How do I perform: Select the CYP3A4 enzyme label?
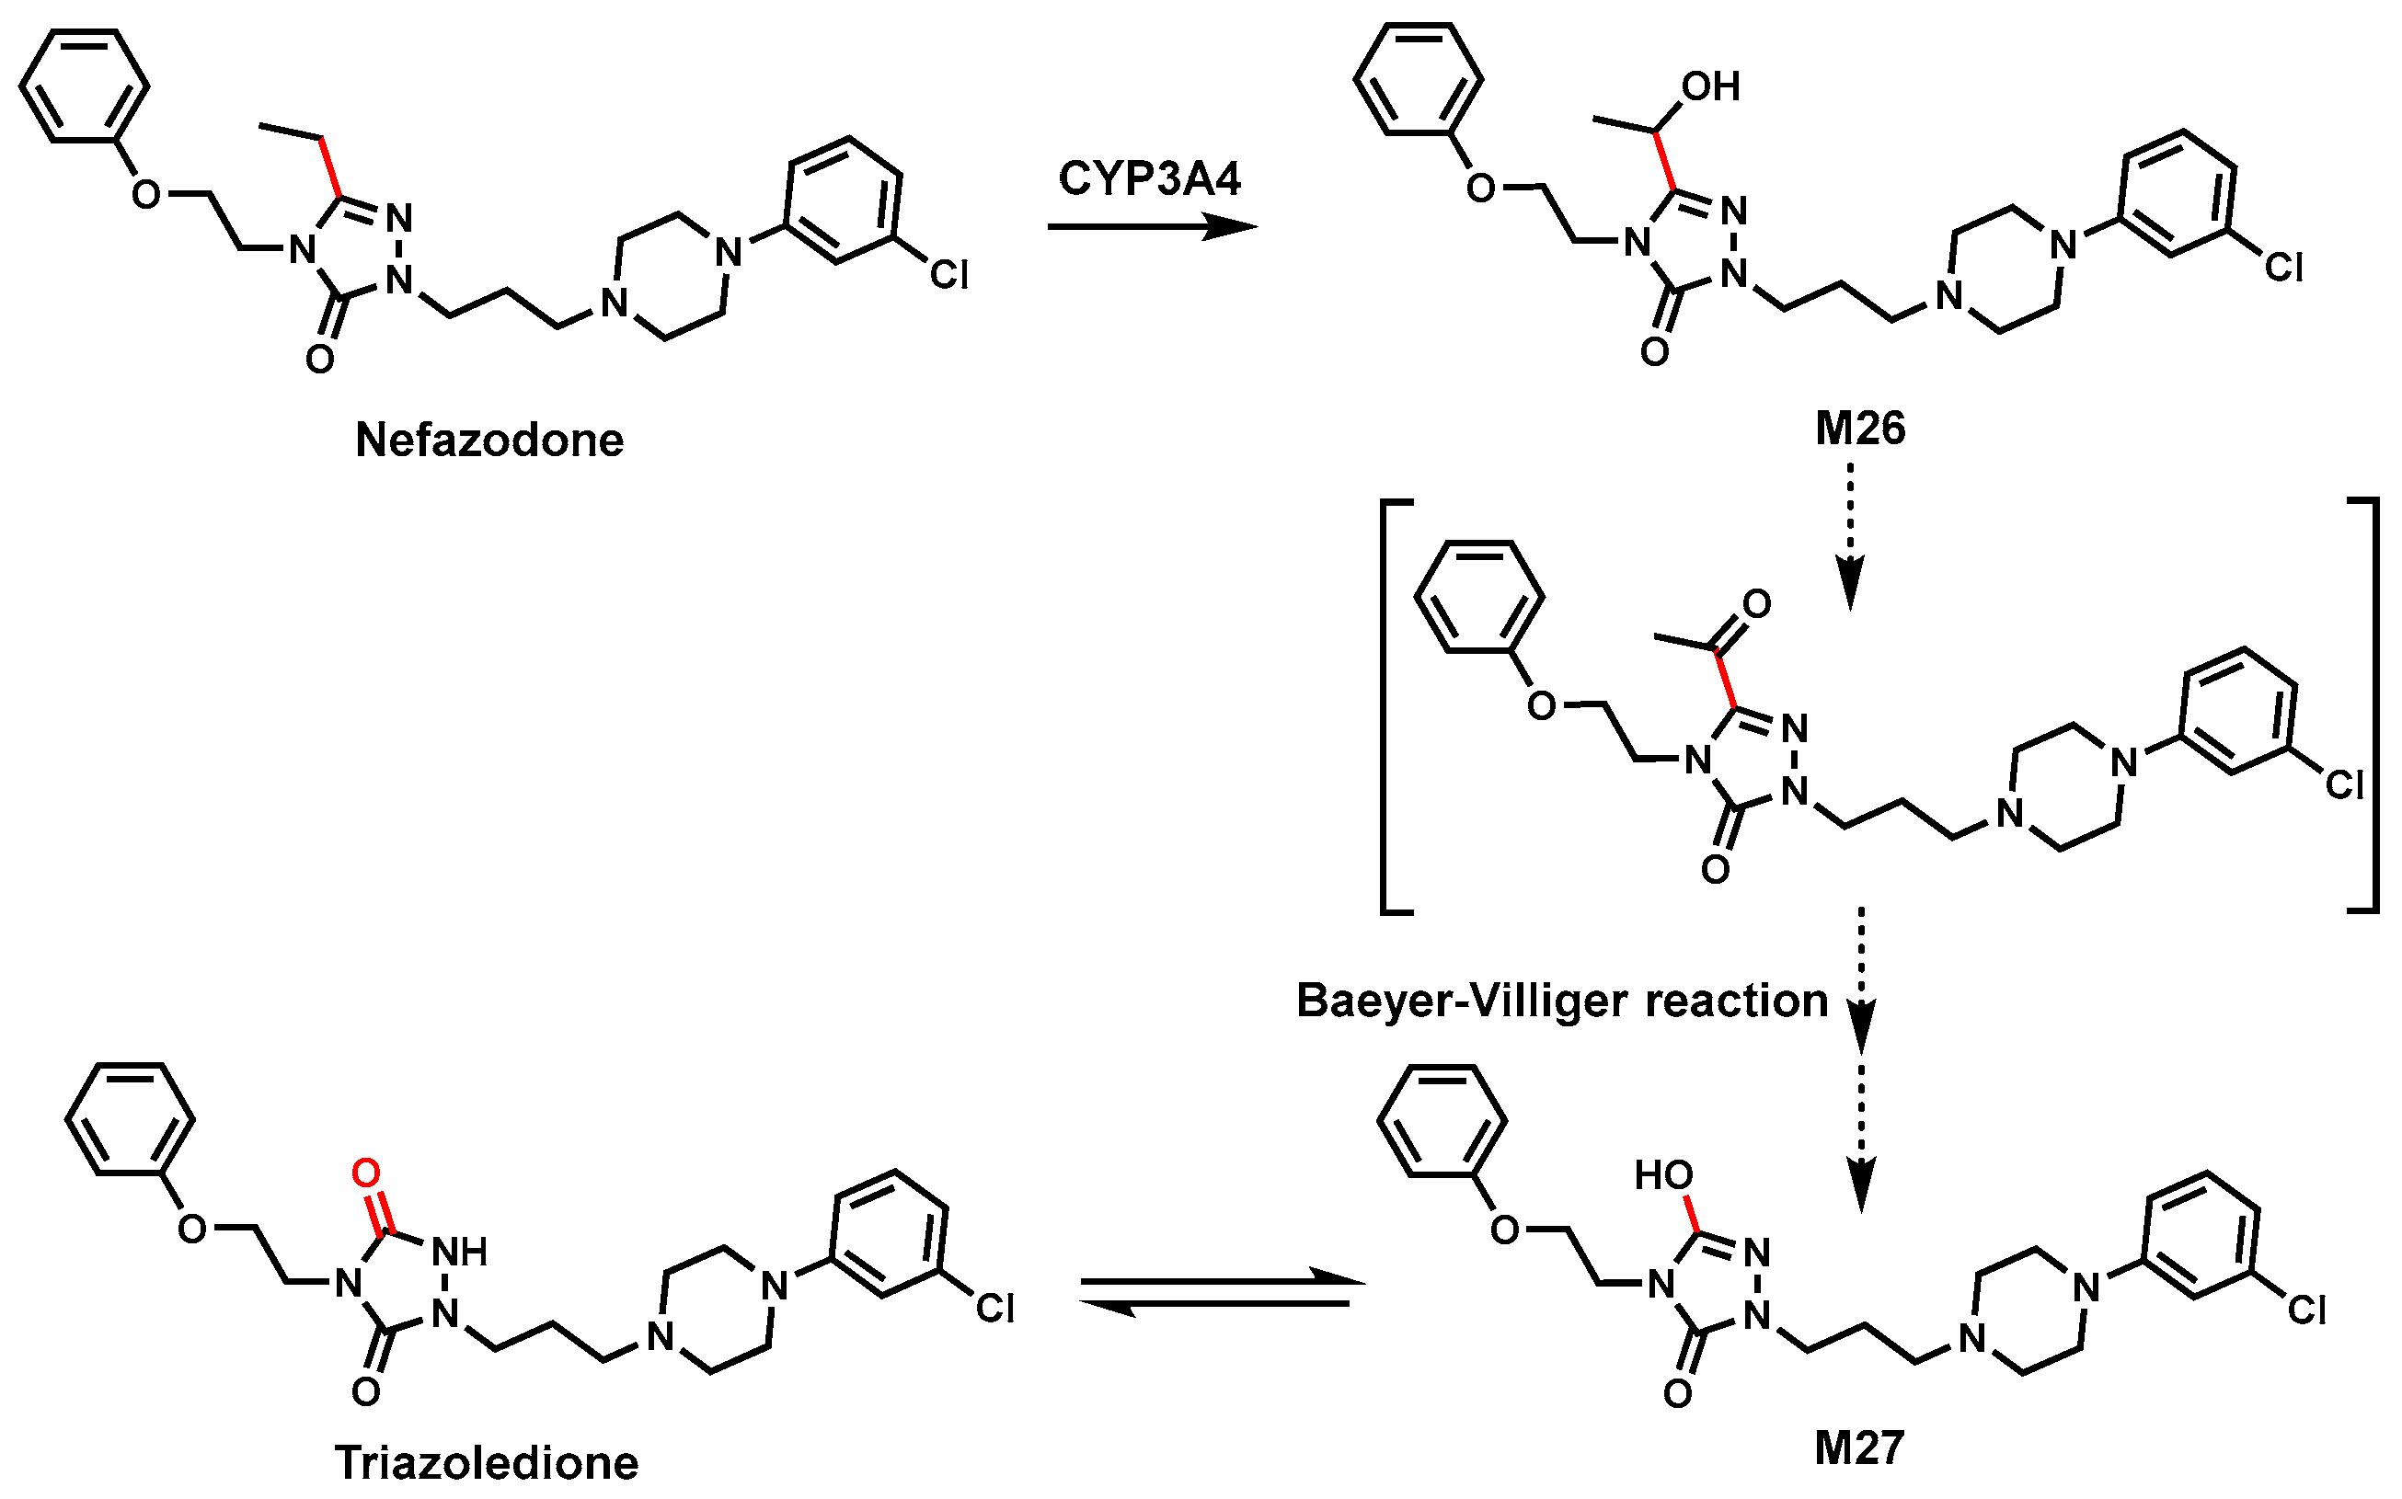[1149, 179]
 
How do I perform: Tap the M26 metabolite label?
[1859, 429]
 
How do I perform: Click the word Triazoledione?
[486, 1463]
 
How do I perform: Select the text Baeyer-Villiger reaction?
[1562, 1001]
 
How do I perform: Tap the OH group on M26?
[1711, 87]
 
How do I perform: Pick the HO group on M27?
[1663, 1176]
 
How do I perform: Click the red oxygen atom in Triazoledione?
[366, 1173]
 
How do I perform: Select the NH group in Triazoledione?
[460, 1253]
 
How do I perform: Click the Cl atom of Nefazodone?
[948, 275]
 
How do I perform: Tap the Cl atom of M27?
[2307, 1310]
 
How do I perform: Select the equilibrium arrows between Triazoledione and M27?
[1220, 1292]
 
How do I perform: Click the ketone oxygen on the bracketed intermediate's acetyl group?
[1756, 604]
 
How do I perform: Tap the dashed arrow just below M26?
[1851, 535]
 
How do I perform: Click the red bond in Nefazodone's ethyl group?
[330, 166]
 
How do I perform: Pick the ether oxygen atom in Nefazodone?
[145, 194]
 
